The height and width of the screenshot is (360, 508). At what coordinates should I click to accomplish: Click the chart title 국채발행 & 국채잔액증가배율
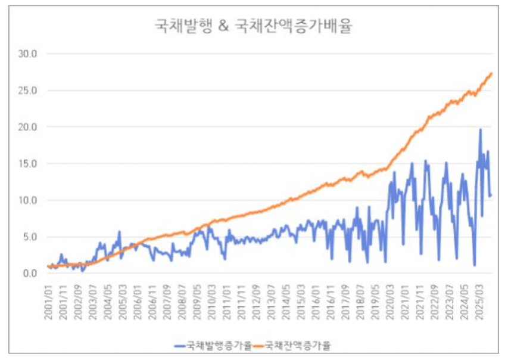253,26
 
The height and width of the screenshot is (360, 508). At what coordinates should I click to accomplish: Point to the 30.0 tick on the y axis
27,54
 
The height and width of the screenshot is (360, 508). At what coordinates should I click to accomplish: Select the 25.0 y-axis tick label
27,91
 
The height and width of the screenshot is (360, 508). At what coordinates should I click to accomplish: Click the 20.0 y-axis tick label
27,127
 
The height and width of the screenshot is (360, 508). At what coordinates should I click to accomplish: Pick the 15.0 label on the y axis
27,163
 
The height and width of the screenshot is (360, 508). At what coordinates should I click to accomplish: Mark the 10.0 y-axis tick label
27,200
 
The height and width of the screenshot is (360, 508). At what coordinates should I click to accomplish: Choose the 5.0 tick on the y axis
30,237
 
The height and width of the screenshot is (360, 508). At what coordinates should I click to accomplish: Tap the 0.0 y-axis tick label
30,274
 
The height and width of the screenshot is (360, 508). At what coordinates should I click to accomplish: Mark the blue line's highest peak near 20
481,129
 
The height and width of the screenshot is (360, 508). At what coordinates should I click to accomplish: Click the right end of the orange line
491,73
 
